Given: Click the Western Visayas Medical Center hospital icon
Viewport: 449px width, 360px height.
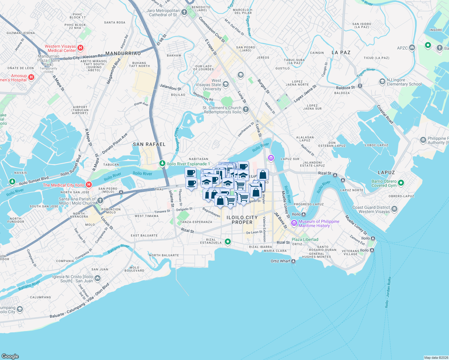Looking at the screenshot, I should pos(80,47).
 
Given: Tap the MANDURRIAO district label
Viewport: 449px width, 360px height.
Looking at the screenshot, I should pos(123,53).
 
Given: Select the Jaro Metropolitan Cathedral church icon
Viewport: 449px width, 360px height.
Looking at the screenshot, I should pos(184,12).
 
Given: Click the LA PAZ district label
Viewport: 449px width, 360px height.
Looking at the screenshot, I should pos(341,52).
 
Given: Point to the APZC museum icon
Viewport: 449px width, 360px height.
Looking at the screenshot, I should pos(412,47).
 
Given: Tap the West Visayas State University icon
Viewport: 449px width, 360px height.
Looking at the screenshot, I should pos(226,84).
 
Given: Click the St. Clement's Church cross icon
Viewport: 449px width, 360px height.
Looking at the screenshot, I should pos(246,109).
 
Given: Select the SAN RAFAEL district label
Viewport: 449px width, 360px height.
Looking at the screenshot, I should pos(149,144).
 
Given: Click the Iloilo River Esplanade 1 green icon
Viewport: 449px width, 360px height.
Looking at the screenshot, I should pos(162,163).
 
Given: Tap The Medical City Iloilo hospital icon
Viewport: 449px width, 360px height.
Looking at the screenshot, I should pos(89,184).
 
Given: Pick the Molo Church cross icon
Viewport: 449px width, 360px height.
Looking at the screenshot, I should pos(100,200).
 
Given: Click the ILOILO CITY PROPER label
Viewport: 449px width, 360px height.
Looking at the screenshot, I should pos(242,220).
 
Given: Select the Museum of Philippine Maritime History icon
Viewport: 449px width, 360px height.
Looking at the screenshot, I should pos(294,223).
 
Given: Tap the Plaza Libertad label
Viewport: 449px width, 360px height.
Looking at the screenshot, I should pos(305,239).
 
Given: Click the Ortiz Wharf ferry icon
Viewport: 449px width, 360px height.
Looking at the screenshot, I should pos(294,261).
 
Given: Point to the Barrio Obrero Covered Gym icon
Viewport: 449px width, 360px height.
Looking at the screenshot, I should pos(401,183).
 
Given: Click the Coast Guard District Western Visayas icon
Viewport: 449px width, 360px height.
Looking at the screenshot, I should pos(394,209).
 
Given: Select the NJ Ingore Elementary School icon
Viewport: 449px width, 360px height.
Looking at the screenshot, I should pos(382,81).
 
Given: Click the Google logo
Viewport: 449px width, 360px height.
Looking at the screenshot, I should pos(10,356).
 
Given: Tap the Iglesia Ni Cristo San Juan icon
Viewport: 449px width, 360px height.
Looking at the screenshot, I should pos(98,278).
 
